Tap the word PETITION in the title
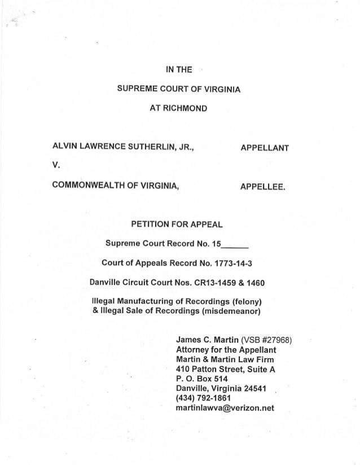pos(152,224)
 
